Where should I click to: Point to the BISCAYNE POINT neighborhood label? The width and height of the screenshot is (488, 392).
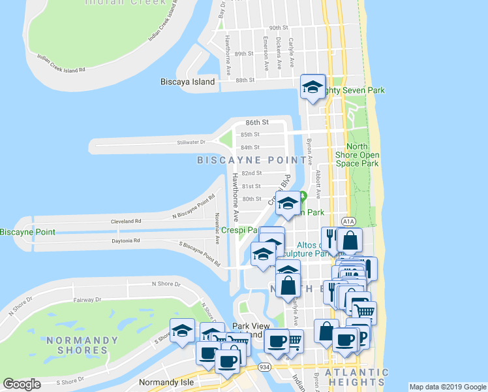click(252, 160)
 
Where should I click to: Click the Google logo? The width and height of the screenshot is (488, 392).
click(22, 384)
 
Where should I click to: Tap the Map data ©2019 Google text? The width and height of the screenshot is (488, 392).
click(448, 387)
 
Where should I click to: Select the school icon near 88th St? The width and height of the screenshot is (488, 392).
click(313, 86)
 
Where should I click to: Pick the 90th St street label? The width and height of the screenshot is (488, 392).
click(279, 28)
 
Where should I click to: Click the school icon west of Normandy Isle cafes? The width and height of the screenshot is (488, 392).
click(183, 330)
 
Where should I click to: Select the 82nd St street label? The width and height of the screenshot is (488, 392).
click(251, 173)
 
